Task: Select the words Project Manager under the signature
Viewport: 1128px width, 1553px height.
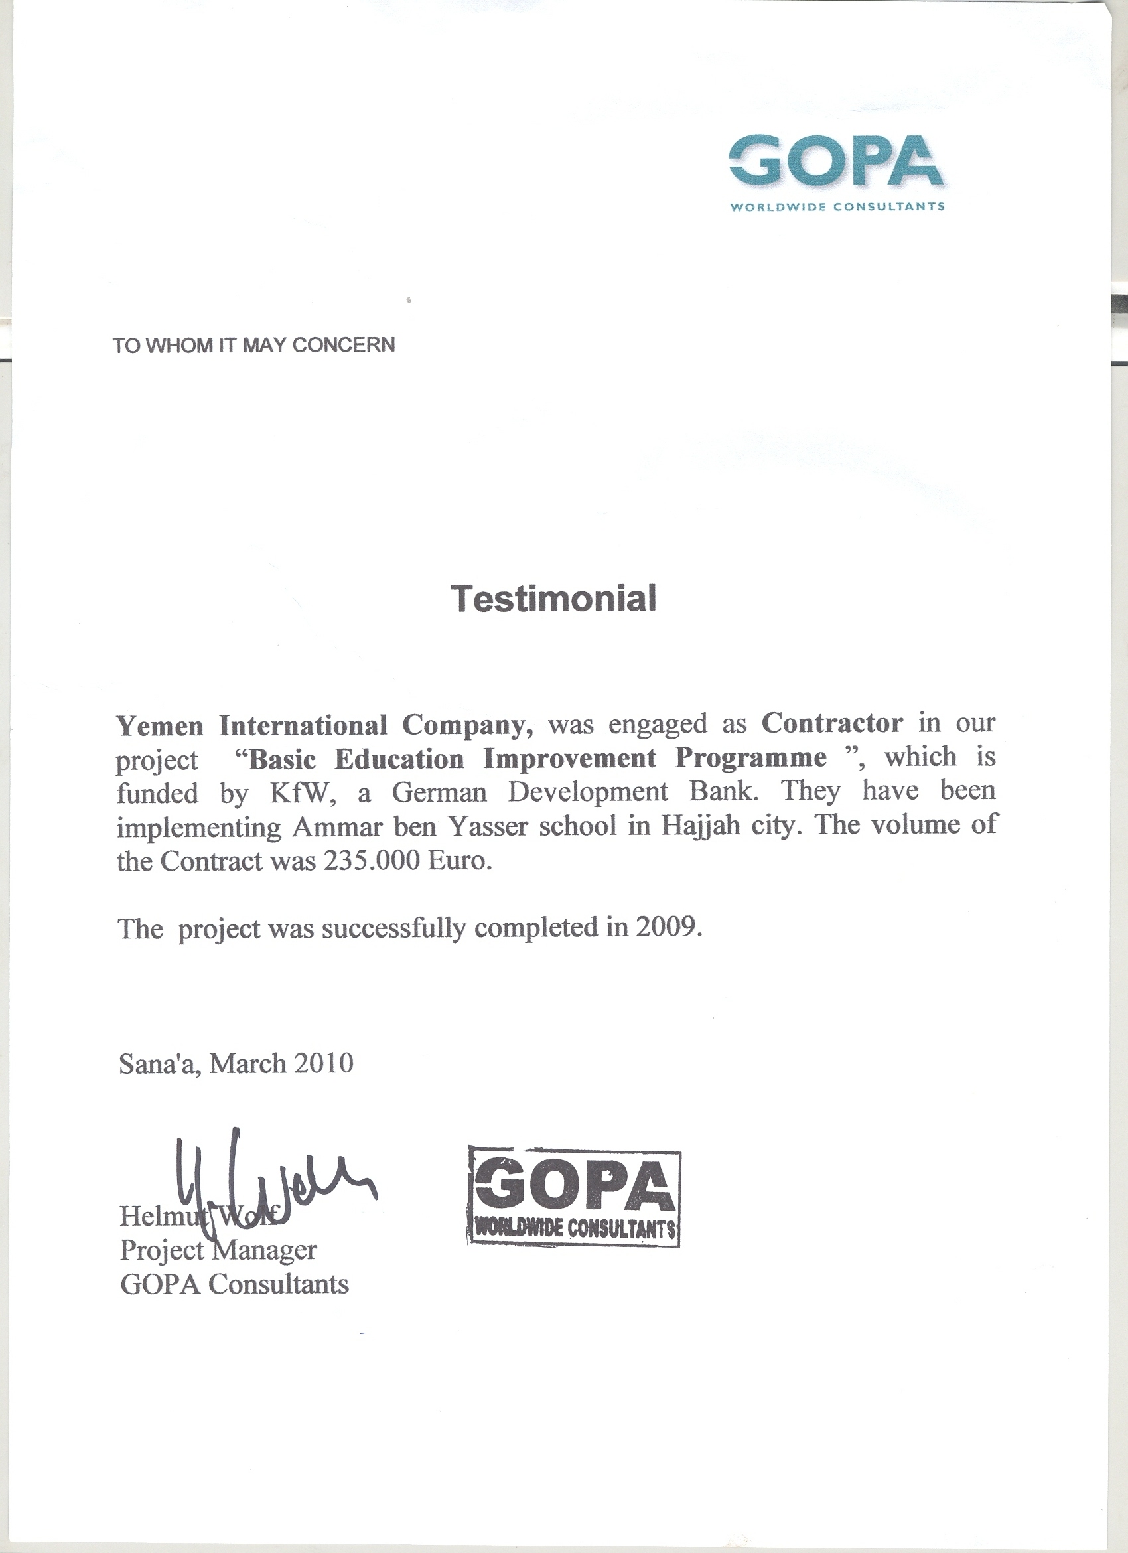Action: click(218, 1250)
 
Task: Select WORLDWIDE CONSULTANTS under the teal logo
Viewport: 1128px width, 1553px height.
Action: click(838, 206)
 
